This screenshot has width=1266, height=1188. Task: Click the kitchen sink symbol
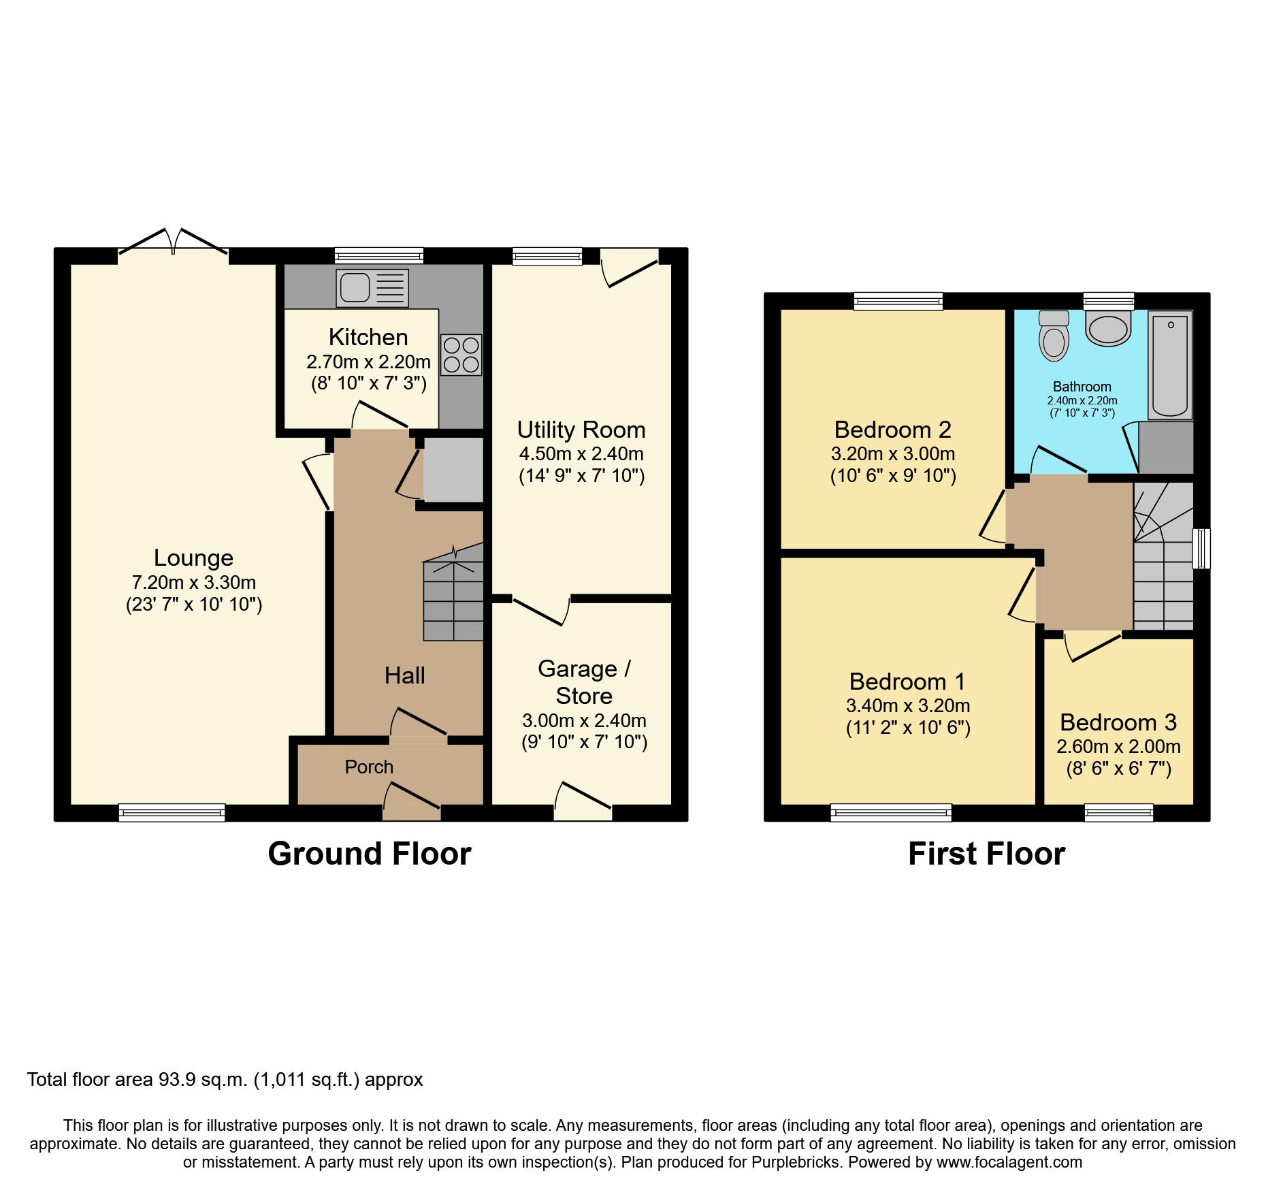click(372, 287)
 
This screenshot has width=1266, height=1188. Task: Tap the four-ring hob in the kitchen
click(461, 355)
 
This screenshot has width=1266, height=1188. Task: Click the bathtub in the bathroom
click(1170, 365)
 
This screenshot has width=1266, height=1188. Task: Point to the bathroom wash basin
click(1108, 329)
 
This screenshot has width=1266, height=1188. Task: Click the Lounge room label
click(193, 558)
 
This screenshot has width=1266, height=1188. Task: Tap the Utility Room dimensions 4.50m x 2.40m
click(581, 453)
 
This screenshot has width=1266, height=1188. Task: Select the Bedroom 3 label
click(1118, 722)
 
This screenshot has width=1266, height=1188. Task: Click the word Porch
click(369, 767)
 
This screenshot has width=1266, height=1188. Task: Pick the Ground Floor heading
click(369, 854)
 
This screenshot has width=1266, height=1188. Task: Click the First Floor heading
click(986, 854)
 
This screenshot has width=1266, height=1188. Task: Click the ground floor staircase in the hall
click(453, 599)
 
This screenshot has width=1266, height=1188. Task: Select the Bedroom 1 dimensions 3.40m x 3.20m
click(907, 705)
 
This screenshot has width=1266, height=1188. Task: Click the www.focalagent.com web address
click(1009, 1162)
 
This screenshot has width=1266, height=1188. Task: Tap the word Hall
click(404, 675)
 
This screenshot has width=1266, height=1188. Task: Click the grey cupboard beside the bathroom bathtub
click(1166, 447)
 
